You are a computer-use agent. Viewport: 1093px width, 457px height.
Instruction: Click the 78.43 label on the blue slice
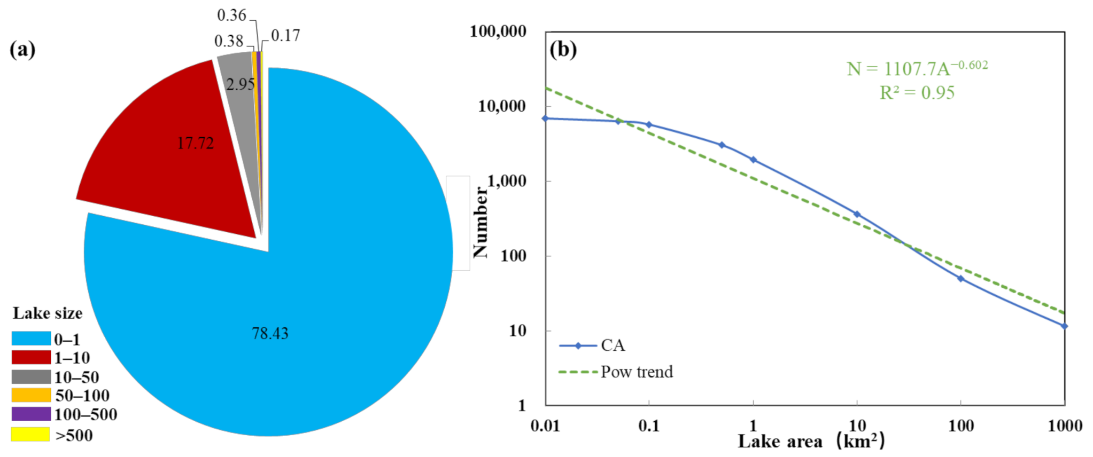tap(270, 334)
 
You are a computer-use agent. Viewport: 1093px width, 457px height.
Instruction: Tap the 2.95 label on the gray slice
tap(240, 84)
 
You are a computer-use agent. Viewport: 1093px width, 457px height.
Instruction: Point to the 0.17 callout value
tap(285, 36)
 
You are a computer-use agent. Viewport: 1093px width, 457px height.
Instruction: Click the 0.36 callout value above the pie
tap(231, 15)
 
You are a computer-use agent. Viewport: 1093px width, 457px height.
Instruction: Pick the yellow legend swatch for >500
tap(31, 435)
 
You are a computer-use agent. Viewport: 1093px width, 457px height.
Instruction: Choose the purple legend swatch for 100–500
tap(31, 414)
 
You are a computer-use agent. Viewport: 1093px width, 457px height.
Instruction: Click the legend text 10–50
tap(76, 377)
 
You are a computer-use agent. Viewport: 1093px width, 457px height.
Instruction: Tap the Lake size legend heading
tap(48, 313)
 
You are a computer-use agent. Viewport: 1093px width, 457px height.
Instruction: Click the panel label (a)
tap(22, 50)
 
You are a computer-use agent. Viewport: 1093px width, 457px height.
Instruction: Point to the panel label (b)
tap(563, 50)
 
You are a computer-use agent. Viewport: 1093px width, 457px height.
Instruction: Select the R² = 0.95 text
tap(917, 93)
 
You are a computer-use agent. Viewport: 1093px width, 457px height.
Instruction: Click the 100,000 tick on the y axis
tap(498, 31)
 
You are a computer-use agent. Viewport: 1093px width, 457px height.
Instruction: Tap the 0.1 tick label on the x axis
tap(648, 426)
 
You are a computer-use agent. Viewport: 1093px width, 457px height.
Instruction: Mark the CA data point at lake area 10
tap(857, 214)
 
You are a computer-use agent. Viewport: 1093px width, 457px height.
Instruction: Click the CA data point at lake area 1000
tap(1064, 326)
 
